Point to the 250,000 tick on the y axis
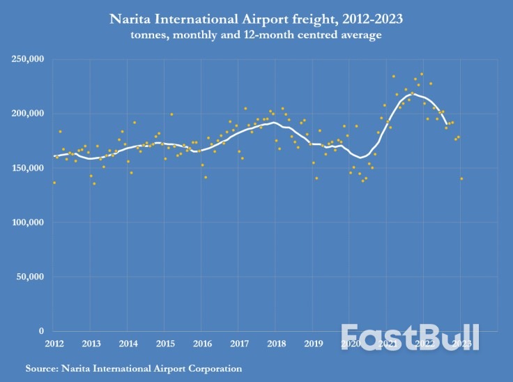[28, 59]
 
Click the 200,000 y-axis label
[28, 114]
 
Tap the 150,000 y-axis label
[28, 168]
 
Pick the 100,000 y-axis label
[28, 222]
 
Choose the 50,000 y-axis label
[30, 277]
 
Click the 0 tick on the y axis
[41, 331]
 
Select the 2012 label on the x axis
[54, 344]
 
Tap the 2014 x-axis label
[128, 344]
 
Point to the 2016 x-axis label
[202, 344]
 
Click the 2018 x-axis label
[275, 344]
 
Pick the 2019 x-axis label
[312, 344]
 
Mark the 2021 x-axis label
[386, 344]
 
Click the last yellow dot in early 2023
[461, 178]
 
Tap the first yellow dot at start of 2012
[54, 183]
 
